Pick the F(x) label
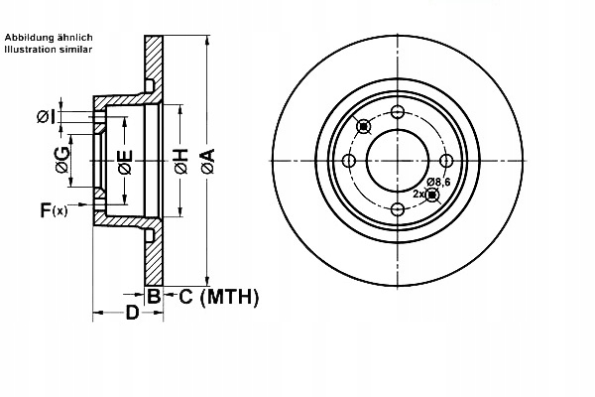click(54, 209)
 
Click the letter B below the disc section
click(154, 296)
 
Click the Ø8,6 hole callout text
click(440, 180)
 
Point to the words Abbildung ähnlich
click(49, 37)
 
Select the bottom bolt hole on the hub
click(398, 208)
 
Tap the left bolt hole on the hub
click(349, 161)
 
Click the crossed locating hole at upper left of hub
click(363, 126)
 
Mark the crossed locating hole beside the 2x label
click(431, 195)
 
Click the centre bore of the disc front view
click(398, 161)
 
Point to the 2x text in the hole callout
click(418, 194)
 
